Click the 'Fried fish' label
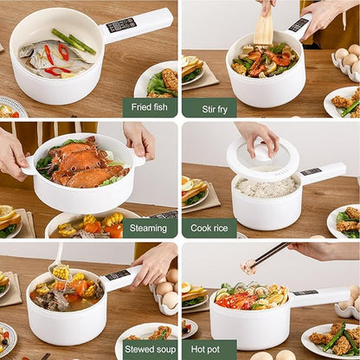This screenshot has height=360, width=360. coord(149,107)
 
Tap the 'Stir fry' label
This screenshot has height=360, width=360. coord(209,107)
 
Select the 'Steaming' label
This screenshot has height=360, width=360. coord(149,228)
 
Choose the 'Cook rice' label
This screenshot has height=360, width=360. coord(209,228)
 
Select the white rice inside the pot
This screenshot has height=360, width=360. coord(266,186)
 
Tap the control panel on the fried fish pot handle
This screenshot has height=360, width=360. coord(120,25)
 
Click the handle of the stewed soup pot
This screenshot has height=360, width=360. coord(120,277)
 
